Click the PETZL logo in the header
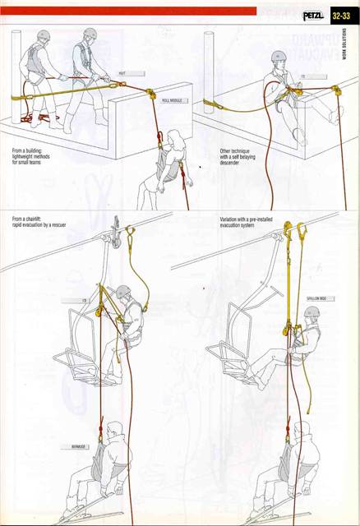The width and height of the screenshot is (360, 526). click(x=313, y=15)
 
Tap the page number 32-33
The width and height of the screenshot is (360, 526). click(x=344, y=15)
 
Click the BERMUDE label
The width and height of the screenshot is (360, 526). click(x=80, y=447)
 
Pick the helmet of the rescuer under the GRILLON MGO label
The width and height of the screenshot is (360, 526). click(x=312, y=313)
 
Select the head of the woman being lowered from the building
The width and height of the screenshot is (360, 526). click(x=175, y=138)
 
